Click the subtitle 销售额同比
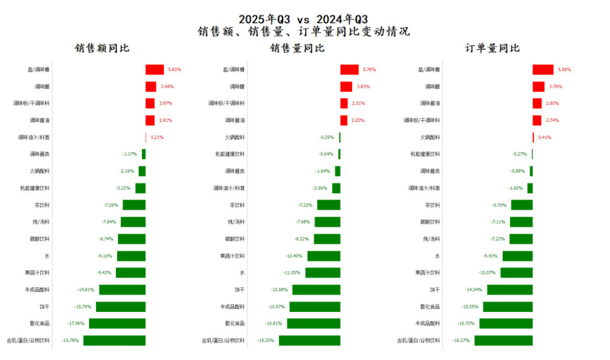point(102,49)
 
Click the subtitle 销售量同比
point(297,49)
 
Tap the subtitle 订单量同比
point(493,49)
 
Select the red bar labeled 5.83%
point(154,69)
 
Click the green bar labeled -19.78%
point(114,341)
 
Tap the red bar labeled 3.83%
point(346,87)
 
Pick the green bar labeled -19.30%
point(309,341)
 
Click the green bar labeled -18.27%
point(504,341)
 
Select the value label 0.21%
point(157,137)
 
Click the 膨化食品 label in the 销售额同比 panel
point(40,324)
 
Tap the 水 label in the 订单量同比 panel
point(437,256)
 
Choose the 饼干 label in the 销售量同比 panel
point(239,290)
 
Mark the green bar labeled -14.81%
point(122,290)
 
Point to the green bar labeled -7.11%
point(521,222)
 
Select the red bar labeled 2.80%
point(537,104)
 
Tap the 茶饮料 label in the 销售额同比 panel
point(41,205)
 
